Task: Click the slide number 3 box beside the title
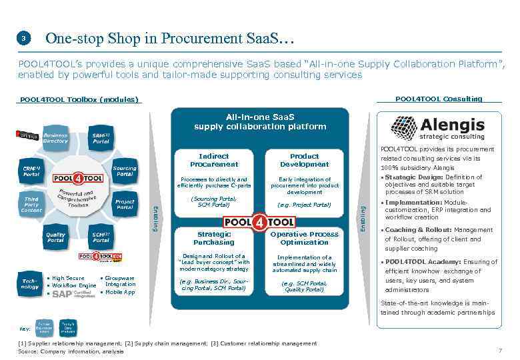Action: point(23,39)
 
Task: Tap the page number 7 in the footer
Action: point(500,351)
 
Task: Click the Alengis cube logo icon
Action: point(404,127)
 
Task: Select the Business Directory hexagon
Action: point(55,138)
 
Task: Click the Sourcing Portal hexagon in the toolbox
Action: point(124,171)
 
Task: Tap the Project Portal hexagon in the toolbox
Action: point(124,205)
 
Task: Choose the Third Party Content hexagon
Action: point(31,205)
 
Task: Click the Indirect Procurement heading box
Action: point(214,160)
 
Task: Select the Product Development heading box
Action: point(304,160)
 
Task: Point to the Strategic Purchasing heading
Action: point(214,238)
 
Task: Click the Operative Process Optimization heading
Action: point(304,238)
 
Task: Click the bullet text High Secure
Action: point(68,278)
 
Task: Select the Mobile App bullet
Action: point(120,292)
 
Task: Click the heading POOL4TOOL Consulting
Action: point(439,99)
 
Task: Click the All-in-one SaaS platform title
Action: point(260,121)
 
